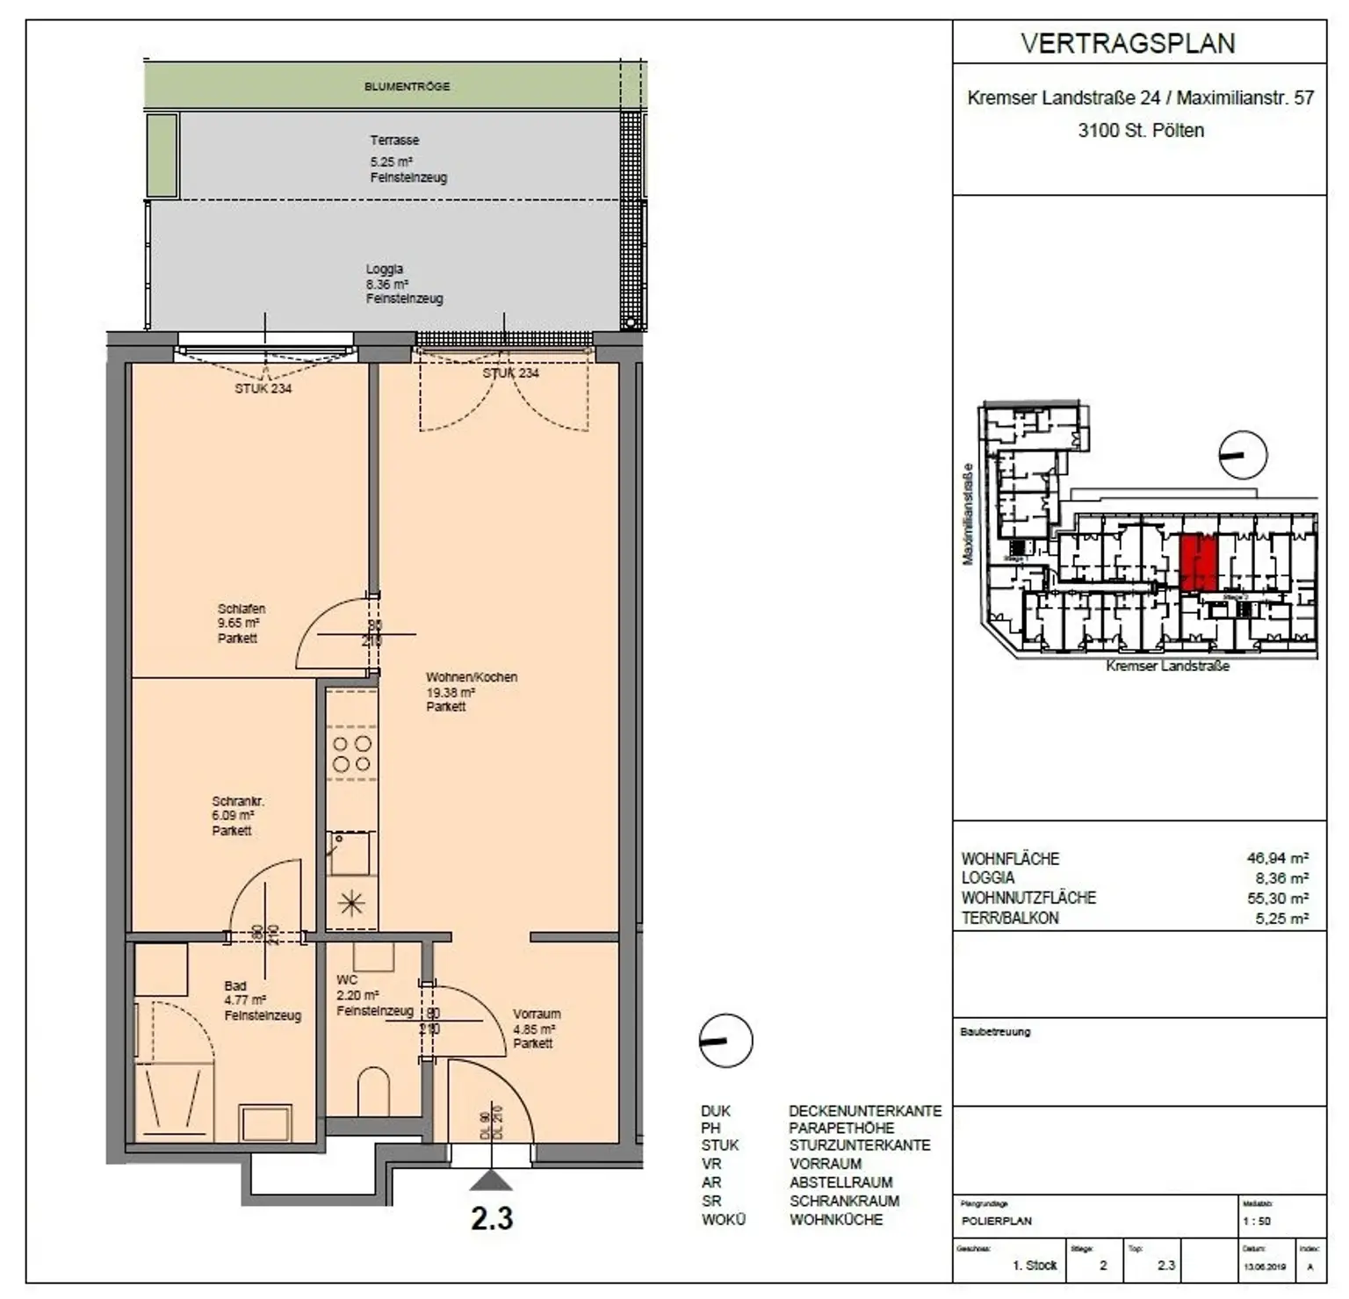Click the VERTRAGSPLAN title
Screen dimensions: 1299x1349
tap(1128, 43)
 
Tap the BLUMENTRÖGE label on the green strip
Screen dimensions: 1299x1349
tap(407, 86)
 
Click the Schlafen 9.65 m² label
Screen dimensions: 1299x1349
tap(241, 623)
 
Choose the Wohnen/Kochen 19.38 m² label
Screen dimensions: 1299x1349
tap(471, 691)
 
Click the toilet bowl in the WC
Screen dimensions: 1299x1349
tap(373, 1091)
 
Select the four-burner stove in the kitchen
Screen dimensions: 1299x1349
tap(351, 754)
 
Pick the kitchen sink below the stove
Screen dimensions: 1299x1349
tap(349, 852)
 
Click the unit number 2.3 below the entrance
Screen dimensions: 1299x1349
tap(492, 1218)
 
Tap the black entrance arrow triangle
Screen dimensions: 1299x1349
tap(491, 1180)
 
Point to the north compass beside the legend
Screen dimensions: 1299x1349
tap(725, 1041)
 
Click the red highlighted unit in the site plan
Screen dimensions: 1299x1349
tap(1197, 562)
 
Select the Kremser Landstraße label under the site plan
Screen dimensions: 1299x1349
tap(1167, 666)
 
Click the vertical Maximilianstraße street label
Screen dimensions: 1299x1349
tap(968, 514)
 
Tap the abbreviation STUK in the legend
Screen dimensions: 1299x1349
tap(719, 1145)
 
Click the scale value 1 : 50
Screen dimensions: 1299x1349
tap(1256, 1221)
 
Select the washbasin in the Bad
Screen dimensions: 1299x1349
tap(266, 1122)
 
